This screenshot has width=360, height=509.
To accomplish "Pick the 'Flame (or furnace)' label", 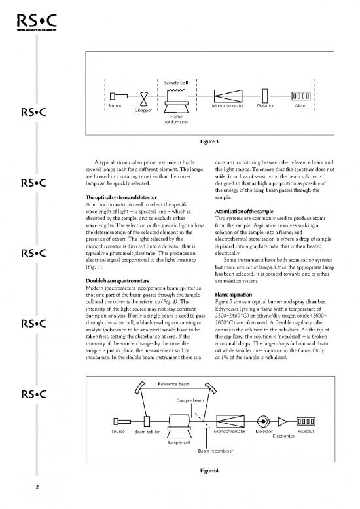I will pyautogui.click(x=176, y=119).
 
